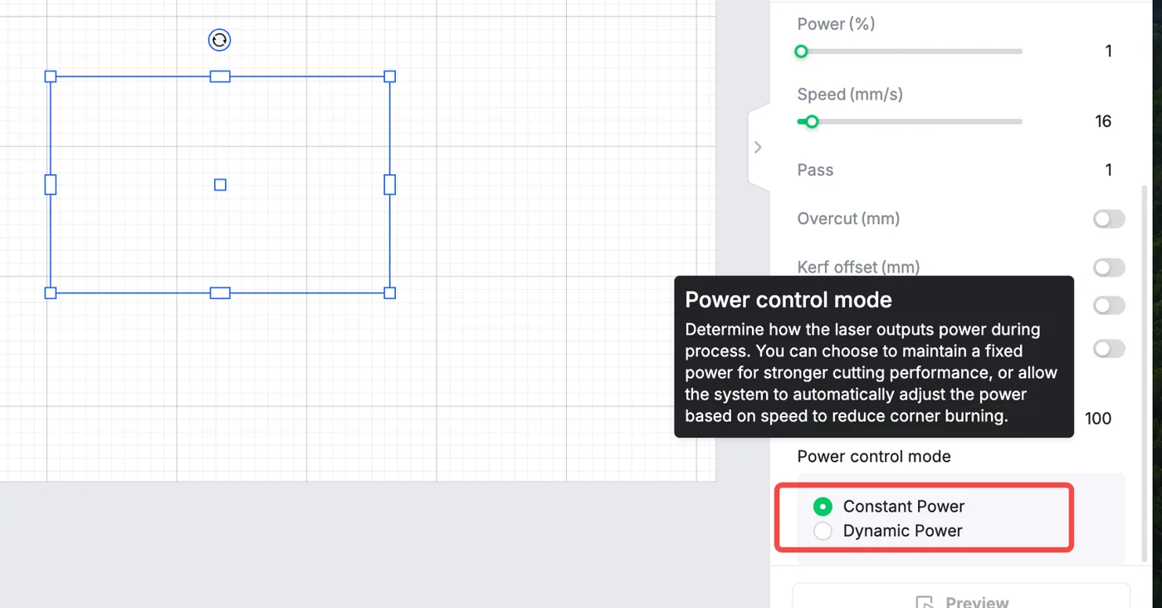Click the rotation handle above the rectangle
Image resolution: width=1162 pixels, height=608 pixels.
click(219, 40)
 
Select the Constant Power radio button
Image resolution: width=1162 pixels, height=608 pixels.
click(823, 506)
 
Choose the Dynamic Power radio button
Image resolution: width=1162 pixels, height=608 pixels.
click(823, 531)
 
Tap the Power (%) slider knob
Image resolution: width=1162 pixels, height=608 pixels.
click(801, 51)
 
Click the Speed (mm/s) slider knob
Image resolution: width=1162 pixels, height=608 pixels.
click(812, 121)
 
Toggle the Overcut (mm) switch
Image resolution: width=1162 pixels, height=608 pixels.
click(1109, 219)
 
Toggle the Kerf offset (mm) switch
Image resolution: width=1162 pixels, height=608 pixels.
click(1109, 267)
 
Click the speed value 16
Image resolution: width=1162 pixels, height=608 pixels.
click(1103, 121)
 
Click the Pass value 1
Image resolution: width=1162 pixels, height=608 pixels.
click(1108, 169)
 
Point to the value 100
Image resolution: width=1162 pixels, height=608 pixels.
click(1097, 419)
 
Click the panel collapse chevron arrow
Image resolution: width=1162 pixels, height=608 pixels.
click(758, 148)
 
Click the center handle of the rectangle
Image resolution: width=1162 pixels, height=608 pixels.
click(220, 185)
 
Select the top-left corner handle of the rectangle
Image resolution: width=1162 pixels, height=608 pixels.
click(51, 77)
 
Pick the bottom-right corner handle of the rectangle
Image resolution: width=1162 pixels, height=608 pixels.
click(389, 293)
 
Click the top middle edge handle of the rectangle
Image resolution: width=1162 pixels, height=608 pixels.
click(220, 77)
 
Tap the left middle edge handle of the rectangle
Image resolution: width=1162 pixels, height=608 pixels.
click(51, 185)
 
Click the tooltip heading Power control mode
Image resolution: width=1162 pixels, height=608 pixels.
click(788, 300)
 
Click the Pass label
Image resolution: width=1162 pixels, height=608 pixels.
click(815, 169)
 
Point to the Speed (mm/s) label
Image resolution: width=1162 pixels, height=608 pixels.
click(850, 94)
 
